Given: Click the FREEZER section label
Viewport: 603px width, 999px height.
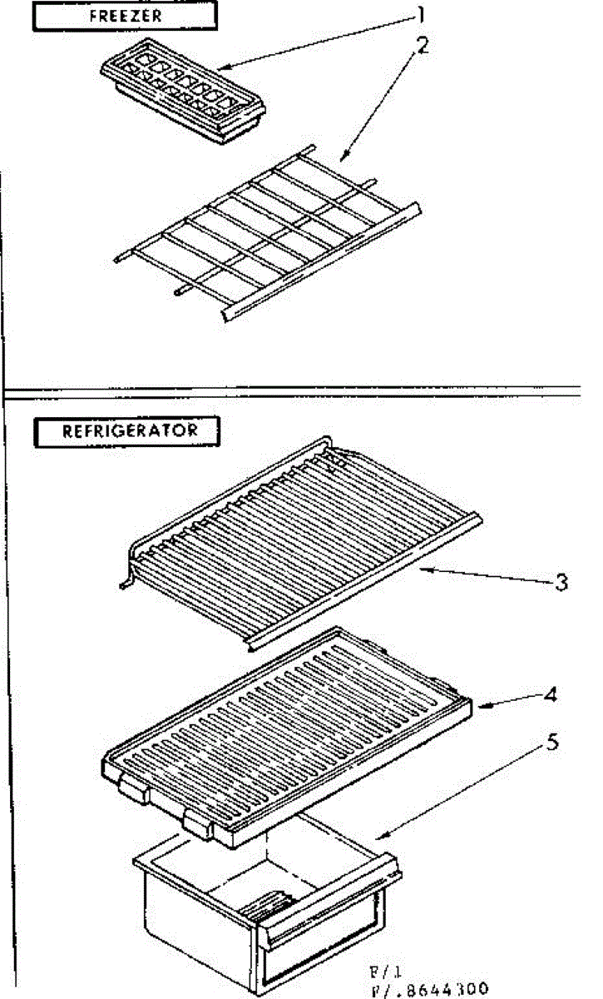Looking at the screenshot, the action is tap(124, 16).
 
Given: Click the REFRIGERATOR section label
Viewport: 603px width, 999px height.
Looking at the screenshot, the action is tap(128, 430).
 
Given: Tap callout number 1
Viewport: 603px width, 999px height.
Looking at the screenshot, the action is tap(421, 14).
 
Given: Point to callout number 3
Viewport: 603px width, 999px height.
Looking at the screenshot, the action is tap(562, 582).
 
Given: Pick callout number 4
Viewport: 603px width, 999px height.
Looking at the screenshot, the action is tap(550, 693).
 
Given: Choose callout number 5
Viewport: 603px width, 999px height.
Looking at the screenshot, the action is tap(551, 743).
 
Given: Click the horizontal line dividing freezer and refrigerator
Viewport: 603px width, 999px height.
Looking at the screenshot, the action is tap(291, 389).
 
